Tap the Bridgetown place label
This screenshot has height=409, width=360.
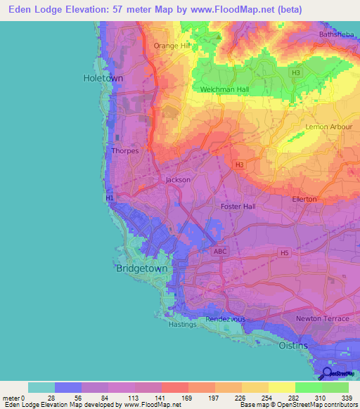click(x=139, y=268)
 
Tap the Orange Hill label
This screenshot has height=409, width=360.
click(x=172, y=46)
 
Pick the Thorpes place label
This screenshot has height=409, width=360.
click(x=125, y=150)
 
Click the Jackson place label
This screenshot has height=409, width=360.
click(x=178, y=180)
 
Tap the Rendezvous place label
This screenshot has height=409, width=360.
click(x=225, y=320)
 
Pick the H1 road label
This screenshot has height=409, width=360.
click(x=110, y=199)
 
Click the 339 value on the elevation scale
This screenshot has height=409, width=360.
click(x=347, y=398)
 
